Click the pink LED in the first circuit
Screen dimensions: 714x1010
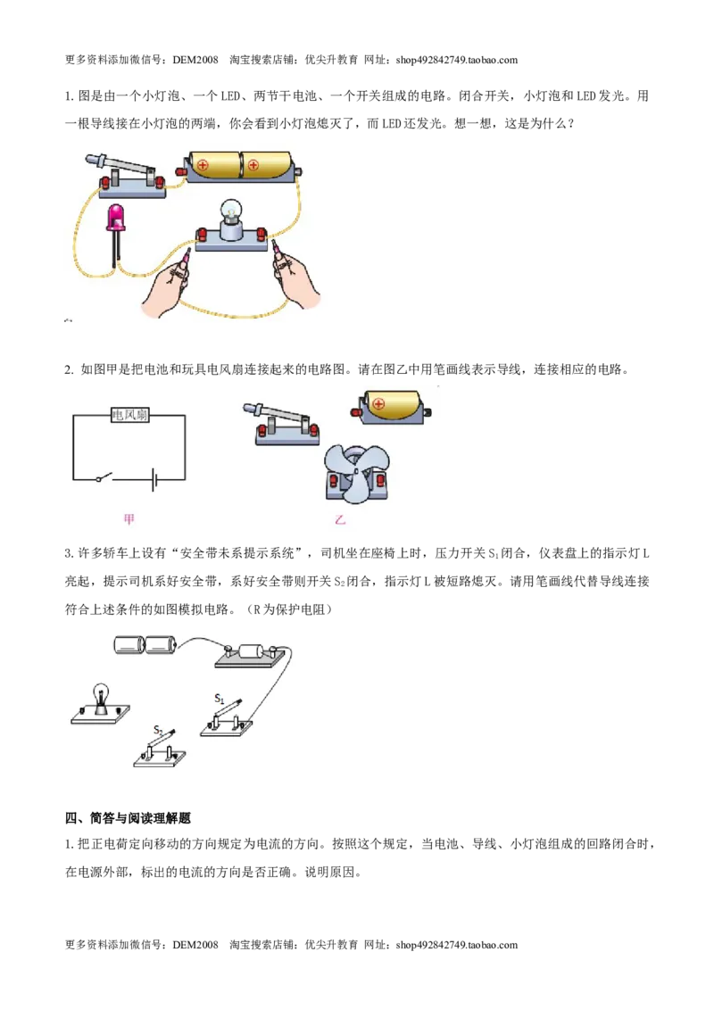click(117, 218)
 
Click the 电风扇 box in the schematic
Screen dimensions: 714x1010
click(129, 415)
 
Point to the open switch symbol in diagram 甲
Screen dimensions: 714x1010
click(104, 477)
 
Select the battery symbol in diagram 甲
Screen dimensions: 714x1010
click(155, 479)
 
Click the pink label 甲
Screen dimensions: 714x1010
click(129, 519)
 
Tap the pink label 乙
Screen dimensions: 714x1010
click(340, 519)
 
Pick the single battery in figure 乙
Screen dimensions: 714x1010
click(391, 407)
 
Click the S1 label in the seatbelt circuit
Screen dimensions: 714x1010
click(219, 699)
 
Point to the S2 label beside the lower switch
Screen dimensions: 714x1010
click(159, 731)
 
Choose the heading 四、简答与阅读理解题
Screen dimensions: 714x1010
click(128, 818)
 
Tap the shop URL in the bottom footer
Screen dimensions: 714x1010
click(457, 945)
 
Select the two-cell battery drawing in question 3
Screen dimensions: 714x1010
click(145, 645)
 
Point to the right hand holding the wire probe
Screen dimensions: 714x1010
click(295, 277)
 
